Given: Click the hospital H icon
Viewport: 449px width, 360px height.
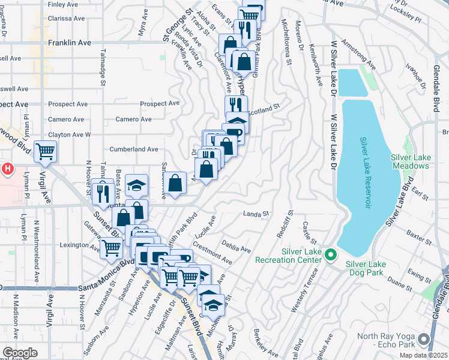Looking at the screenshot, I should pyautogui.click(x=7, y=170).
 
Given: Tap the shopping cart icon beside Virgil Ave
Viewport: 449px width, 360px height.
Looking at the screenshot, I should pyautogui.click(x=46, y=152).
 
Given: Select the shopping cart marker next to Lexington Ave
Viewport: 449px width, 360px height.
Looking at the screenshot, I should pyautogui.click(x=111, y=247).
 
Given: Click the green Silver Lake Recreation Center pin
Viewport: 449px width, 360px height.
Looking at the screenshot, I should pyautogui.click(x=330, y=256).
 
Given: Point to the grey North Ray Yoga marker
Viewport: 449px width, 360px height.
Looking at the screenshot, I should pyautogui.click(x=425, y=340).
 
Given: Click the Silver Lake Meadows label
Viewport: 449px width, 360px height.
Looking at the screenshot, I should pyautogui.click(x=410, y=161).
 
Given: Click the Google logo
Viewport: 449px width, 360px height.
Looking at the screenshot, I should pyautogui.click(x=20, y=352).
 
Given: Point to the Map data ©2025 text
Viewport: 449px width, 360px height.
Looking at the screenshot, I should pyautogui.click(x=423, y=355).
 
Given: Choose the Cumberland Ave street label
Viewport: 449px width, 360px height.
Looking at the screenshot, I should pyautogui.click(x=133, y=149).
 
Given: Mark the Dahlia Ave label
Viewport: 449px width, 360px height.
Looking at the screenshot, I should pyautogui.click(x=235, y=245).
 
